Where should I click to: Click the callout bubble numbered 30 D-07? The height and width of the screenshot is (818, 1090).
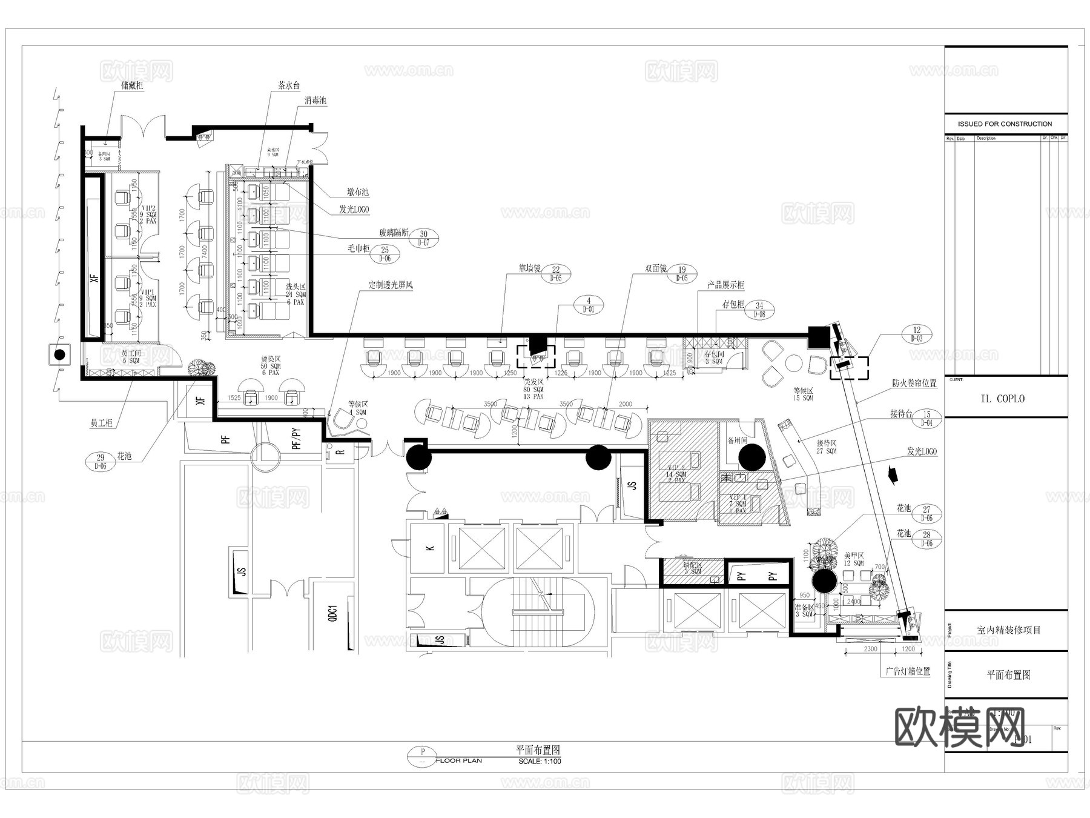coord(423,238)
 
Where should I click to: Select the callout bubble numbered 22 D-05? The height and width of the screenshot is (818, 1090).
coord(555,274)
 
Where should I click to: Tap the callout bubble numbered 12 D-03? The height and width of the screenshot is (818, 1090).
coord(916,334)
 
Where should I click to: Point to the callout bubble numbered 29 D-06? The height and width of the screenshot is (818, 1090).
coord(101,462)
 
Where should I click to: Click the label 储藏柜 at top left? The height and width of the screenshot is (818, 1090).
coord(132,86)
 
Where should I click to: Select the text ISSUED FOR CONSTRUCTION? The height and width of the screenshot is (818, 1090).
coord(1005,124)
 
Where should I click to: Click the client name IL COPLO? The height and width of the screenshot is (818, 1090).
coord(1002,399)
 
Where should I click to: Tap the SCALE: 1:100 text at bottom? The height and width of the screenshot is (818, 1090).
coord(540,761)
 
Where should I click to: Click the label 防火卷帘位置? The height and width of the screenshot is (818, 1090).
coord(914,383)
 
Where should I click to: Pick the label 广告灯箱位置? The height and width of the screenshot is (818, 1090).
coord(907,671)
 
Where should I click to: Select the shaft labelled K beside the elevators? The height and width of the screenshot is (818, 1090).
coord(431,548)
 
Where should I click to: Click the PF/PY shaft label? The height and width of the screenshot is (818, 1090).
coord(296,439)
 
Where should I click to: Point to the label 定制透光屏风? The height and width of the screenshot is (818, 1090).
coord(390,285)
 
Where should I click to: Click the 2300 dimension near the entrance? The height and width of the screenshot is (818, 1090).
coord(870,649)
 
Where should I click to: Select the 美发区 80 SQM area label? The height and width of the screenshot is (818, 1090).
coord(534,389)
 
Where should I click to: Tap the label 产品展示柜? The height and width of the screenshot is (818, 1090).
coord(725,285)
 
